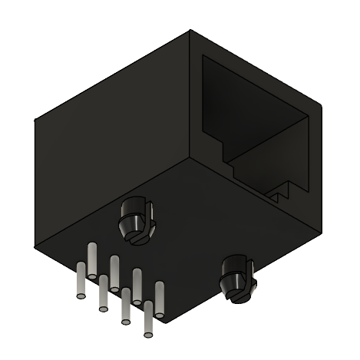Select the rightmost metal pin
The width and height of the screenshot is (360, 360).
click(160, 300)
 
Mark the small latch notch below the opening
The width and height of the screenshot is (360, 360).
click(282, 192)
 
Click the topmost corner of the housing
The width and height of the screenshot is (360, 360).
click(192, 30)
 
